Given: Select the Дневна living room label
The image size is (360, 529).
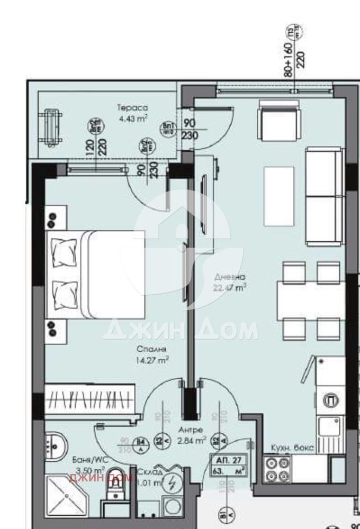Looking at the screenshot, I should (x=230, y=277).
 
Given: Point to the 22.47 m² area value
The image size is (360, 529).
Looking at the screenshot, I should (x=230, y=288).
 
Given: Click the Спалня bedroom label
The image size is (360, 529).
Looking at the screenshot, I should (x=152, y=350).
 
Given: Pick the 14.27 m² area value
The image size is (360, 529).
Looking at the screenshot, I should (x=152, y=360).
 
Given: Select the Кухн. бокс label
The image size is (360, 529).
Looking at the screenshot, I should (x=293, y=448).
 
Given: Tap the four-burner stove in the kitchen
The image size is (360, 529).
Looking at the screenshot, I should (x=277, y=469).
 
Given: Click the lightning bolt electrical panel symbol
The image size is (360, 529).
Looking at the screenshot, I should (x=171, y=482).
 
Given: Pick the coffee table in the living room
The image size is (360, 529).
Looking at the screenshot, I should (x=279, y=195).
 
